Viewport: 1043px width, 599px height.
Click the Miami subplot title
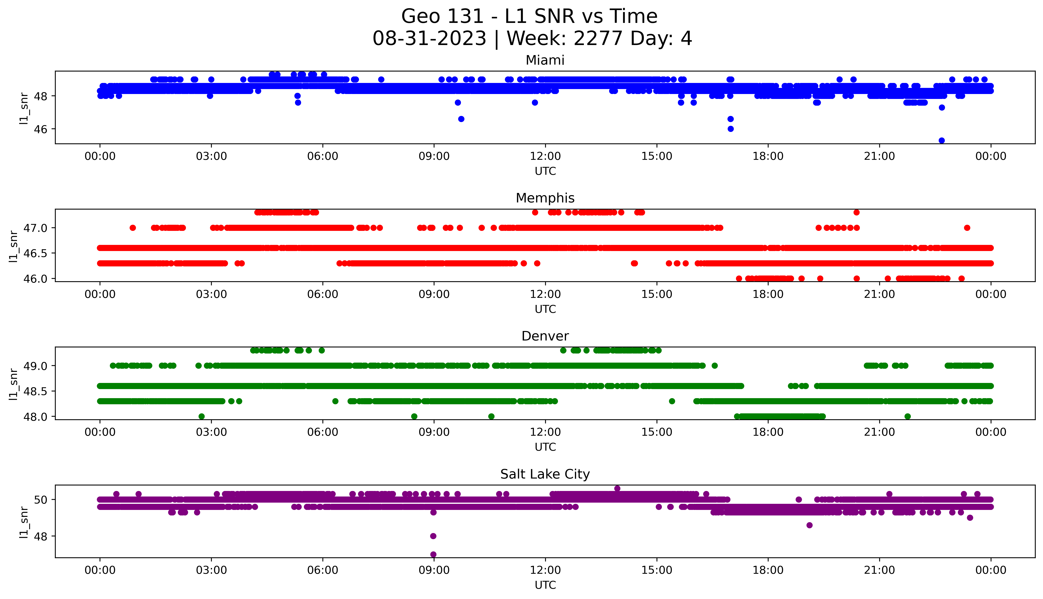pos(545,60)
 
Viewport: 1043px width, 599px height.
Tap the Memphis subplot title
pos(545,198)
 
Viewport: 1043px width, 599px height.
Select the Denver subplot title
pos(545,336)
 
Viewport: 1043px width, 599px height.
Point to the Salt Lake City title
pos(545,474)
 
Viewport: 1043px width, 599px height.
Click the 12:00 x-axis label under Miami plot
pos(545,156)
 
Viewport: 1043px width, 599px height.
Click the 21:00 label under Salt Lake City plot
pos(879,570)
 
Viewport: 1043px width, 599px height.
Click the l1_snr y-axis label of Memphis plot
pos(14,246)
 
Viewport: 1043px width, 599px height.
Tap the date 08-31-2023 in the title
pos(429,39)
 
